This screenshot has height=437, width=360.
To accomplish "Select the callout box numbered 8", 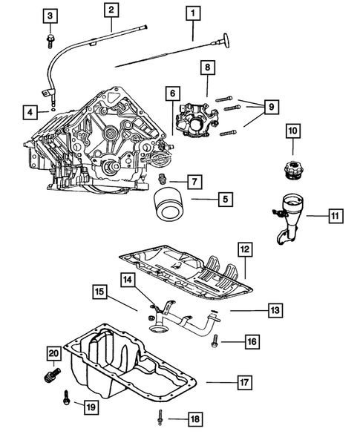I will point(208,68).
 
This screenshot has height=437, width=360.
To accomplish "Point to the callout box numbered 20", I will point(53,352).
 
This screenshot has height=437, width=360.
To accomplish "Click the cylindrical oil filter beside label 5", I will point(168,204).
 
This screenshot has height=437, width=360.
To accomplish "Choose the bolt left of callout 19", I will point(66,401).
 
